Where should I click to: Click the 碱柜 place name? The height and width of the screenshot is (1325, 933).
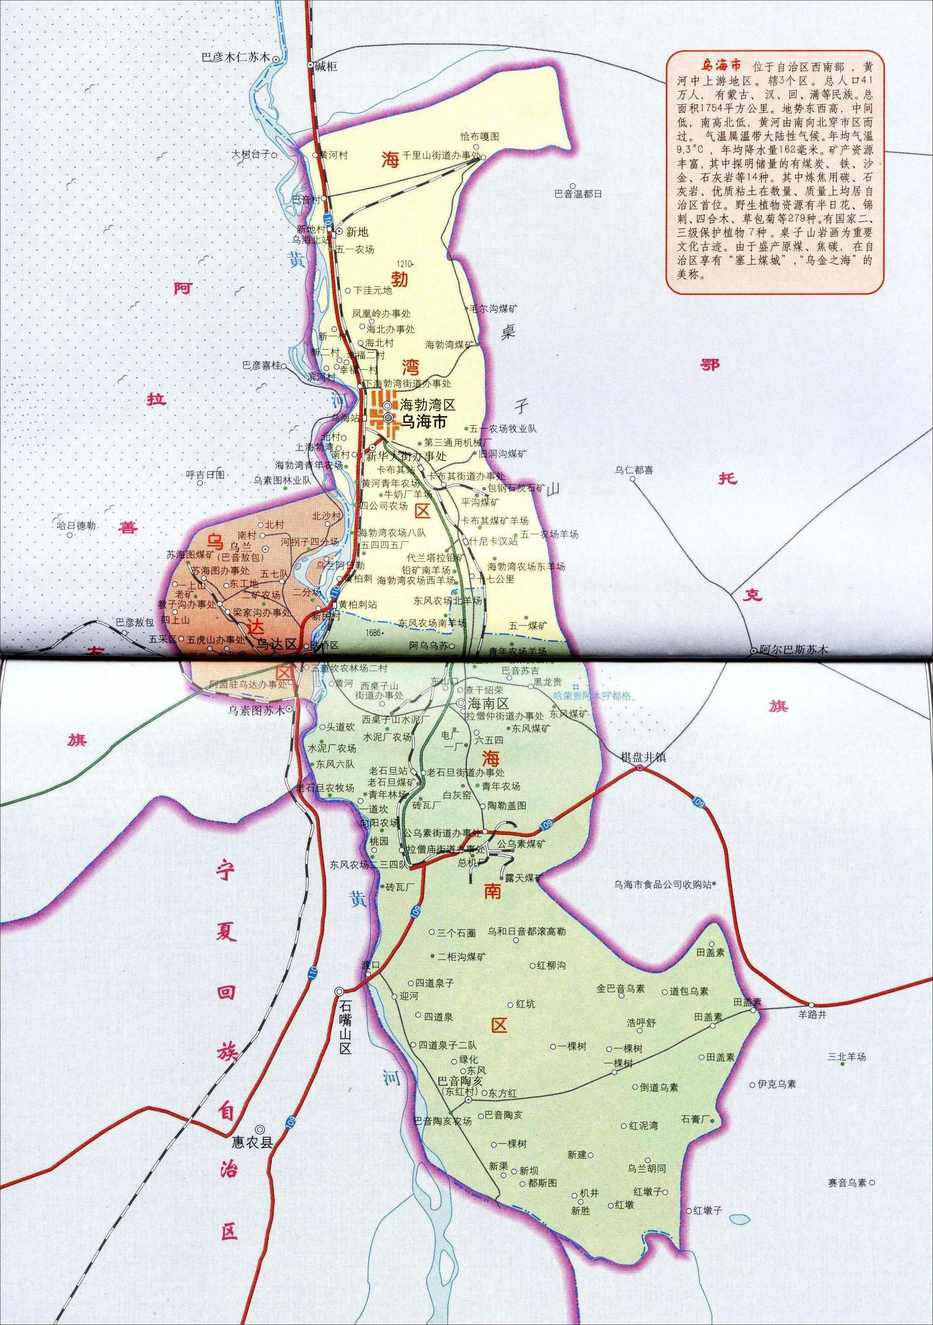pos(325,67)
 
